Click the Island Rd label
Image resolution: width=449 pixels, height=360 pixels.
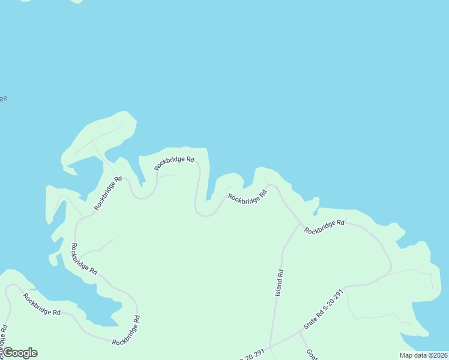pos(280,282)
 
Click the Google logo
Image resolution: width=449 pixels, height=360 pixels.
pos(19,353)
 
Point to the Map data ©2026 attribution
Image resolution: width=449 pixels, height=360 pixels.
pos(423,355)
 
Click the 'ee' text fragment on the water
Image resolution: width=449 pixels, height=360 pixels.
pos(3,98)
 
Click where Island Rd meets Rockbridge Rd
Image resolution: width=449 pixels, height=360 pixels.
pos(300,224)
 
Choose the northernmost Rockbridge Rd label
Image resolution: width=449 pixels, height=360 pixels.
pos(174,163)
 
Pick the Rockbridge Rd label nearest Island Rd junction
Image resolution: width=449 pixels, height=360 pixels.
pos(324,226)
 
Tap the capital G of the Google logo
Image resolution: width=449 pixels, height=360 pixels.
pos(8,353)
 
